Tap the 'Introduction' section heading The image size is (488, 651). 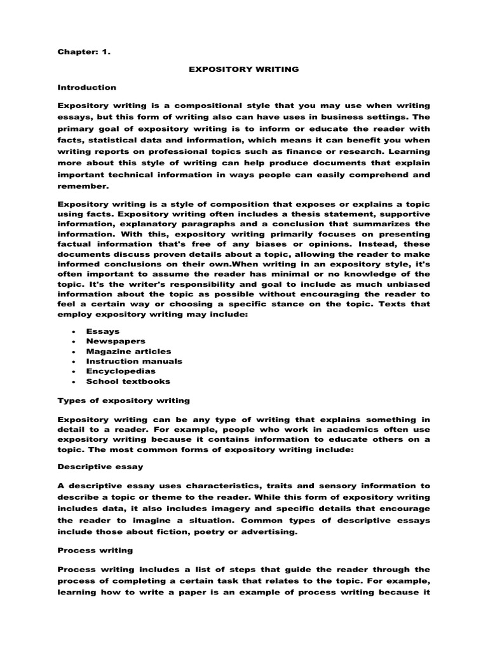point(87,86)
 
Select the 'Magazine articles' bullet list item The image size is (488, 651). point(130,351)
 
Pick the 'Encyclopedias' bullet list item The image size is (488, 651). point(121,371)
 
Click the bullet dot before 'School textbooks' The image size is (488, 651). point(75,381)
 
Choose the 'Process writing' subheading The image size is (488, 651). point(91,551)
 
